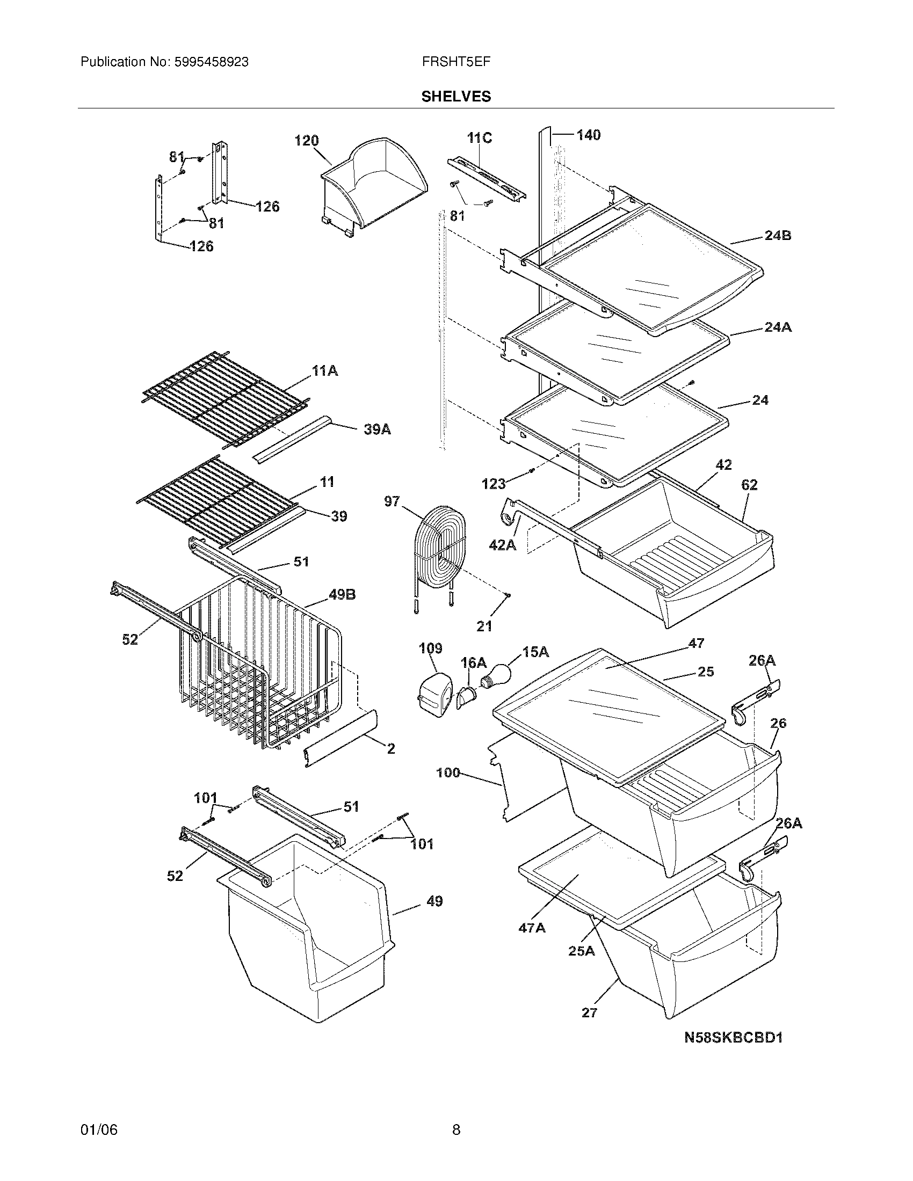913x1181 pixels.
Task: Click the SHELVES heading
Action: coord(456,96)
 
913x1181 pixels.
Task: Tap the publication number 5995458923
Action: coord(212,62)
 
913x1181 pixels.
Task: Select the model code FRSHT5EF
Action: coord(456,62)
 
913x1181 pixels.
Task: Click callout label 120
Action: coord(306,141)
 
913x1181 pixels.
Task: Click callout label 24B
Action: coord(778,236)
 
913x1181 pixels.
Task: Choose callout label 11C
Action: coord(480,138)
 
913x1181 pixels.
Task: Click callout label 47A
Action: coord(532,928)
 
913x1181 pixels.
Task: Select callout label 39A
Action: coord(377,430)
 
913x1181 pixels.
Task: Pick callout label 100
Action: coord(448,772)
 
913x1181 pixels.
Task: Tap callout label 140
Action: coord(588,135)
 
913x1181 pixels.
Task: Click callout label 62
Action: coord(749,485)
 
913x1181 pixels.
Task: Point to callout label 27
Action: coord(589,1012)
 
